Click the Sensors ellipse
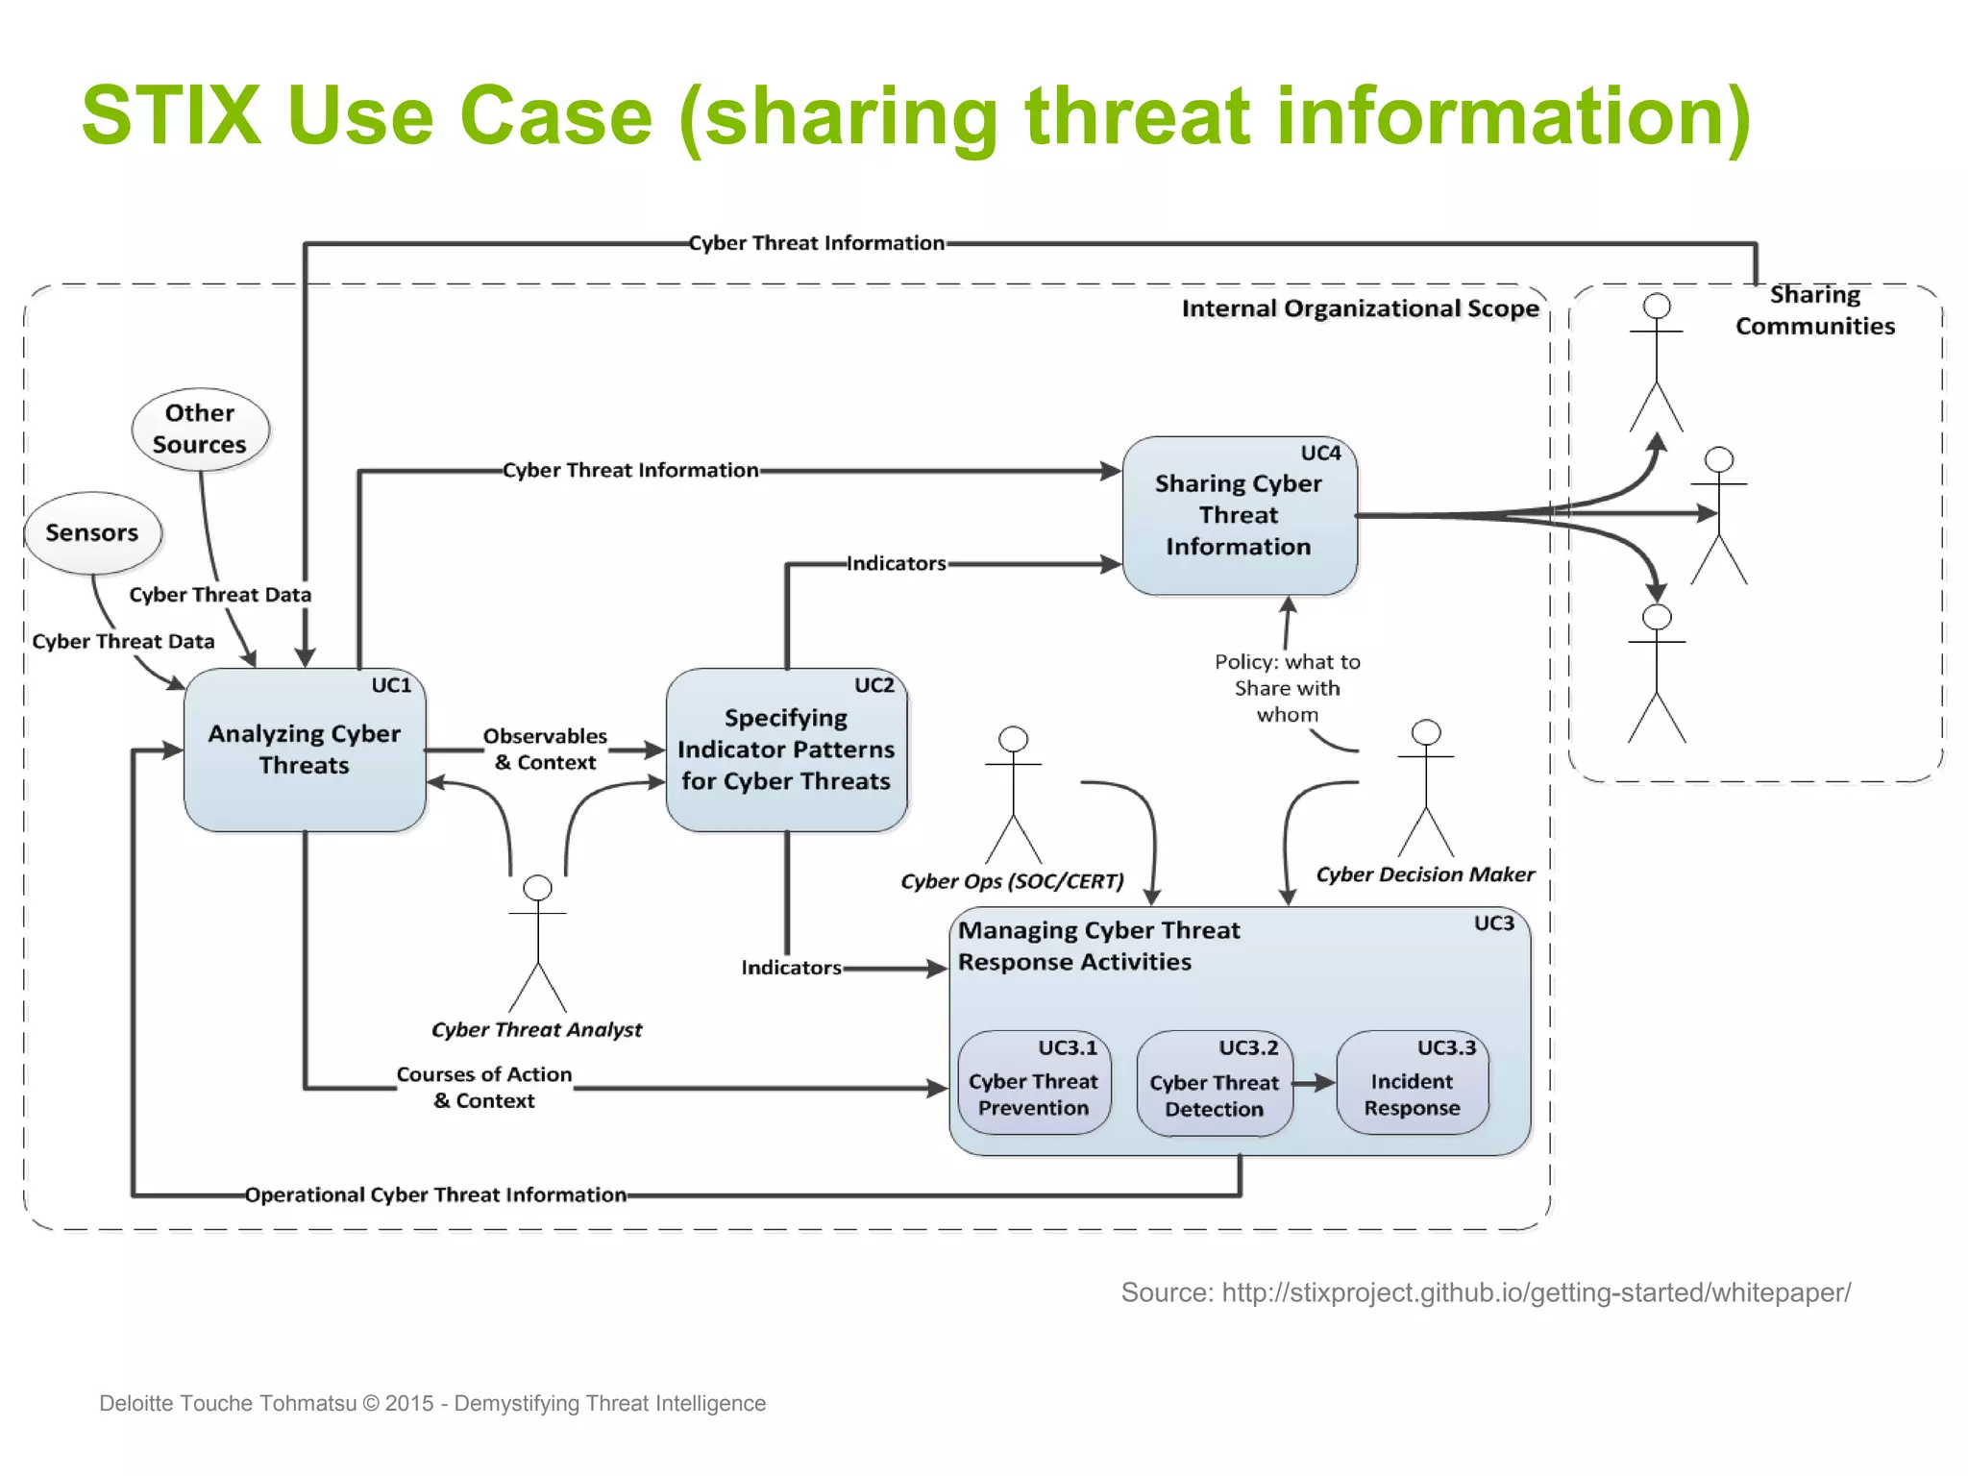(92, 533)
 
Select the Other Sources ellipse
(200, 429)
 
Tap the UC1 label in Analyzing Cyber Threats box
(391, 685)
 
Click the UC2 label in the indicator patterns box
(873, 685)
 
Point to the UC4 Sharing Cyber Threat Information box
(1239, 516)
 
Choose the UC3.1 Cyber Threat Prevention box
(1033, 1084)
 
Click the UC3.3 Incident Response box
(1412, 1084)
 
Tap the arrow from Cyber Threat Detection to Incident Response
(1314, 1083)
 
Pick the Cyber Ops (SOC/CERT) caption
(1012, 881)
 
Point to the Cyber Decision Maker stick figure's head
(1426, 732)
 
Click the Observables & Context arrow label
(545, 750)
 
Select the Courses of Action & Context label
(484, 1088)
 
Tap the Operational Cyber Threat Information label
(435, 1194)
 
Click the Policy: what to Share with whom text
(1288, 688)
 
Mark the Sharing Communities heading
(1814, 310)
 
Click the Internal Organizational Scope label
(1360, 308)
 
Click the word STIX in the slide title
(171, 115)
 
